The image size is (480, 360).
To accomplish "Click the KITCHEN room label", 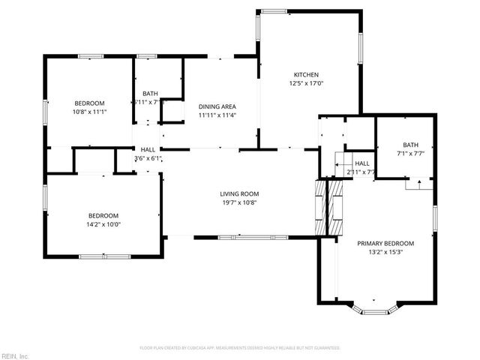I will (306, 74).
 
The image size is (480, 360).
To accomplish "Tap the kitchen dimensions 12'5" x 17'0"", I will (306, 84).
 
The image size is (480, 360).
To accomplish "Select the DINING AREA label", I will (217, 106).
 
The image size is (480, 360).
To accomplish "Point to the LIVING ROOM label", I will (239, 193).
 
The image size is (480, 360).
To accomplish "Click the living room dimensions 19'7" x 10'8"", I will (239, 202).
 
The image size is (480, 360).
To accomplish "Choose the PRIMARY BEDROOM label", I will (385, 243).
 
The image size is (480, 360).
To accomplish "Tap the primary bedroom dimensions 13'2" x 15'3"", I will (385, 252).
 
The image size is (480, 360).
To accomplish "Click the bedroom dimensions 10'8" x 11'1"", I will (88, 112).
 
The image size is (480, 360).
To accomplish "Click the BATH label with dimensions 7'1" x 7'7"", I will (410, 145).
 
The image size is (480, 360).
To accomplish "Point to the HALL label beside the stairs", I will (362, 163).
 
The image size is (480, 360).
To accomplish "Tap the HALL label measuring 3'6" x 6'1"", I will (148, 149).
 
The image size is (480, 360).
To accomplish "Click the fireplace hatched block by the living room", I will (321, 207).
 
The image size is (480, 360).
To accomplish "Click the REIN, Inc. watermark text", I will (15, 355).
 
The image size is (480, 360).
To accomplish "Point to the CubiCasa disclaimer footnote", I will (240, 348).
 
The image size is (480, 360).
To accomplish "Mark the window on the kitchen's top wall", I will (272, 10).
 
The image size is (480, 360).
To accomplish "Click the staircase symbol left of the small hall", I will (342, 163).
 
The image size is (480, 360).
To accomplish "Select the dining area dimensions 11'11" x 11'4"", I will (217, 115).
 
